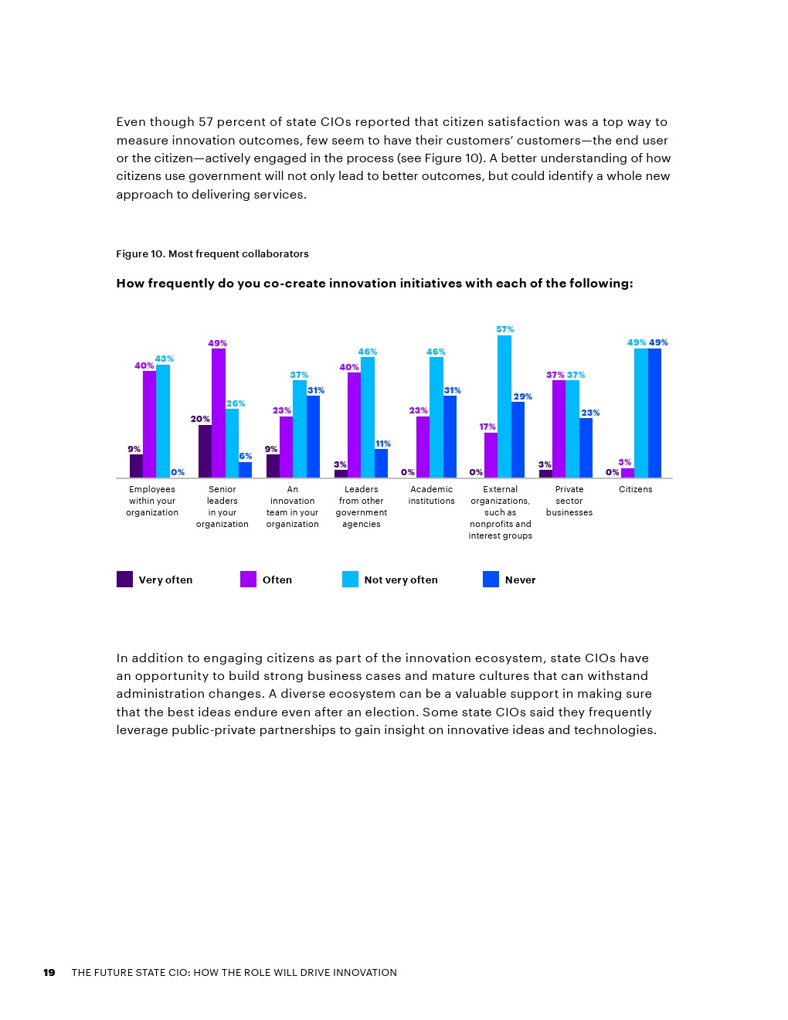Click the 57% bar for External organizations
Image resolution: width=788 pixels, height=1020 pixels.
(504, 406)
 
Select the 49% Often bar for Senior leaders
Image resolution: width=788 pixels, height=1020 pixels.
(219, 413)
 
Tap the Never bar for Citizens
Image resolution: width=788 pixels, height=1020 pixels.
(654, 413)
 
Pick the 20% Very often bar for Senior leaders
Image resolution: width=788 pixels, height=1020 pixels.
(205, 451)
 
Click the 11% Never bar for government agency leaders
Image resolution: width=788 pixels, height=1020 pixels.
(382, 463)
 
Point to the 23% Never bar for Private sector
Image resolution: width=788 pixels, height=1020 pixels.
(586, 447)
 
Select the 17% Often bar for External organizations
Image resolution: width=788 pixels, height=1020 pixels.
(491, 455)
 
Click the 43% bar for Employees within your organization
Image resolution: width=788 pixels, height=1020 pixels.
(163, 421)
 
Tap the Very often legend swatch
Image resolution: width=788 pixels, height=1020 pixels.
(124, 580)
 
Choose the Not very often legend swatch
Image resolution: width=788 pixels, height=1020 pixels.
(350, 580)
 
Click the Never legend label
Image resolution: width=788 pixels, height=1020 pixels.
(520, 580)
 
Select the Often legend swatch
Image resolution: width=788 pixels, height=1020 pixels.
(248, 580)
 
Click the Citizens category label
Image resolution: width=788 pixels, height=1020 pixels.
(635, 489)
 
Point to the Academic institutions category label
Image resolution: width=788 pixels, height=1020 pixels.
(431, 495)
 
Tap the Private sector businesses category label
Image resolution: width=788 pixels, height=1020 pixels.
(569, 501)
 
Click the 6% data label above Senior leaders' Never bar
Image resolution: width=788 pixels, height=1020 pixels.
(245, 456)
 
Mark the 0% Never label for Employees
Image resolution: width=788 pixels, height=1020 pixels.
(178, 472)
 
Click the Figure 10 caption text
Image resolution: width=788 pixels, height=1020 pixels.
(212, 254)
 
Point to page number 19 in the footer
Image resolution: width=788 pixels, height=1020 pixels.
(49, 973)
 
